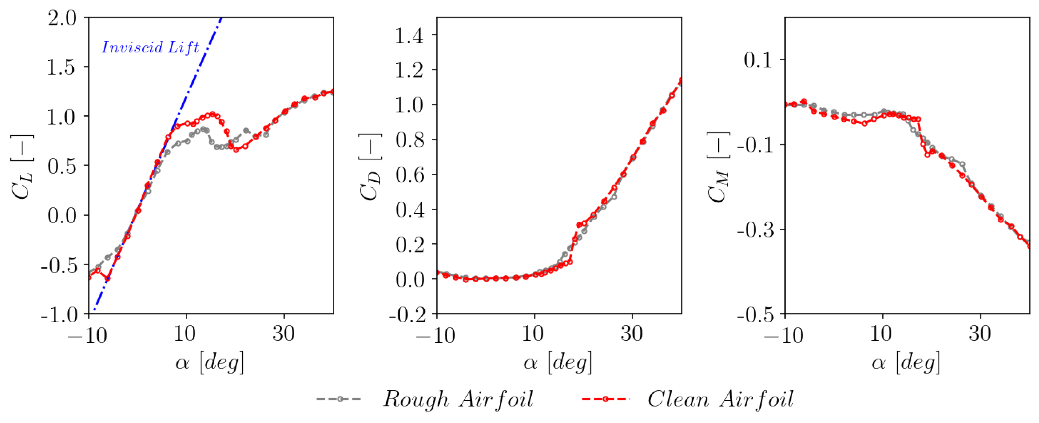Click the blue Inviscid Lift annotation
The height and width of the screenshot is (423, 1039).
(x=150, y=48)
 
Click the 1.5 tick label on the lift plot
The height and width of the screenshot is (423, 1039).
(x=61, y=67)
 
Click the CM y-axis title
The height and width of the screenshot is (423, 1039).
(x=718, y=166)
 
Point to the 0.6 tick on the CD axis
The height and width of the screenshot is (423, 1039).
(x=410, y=175)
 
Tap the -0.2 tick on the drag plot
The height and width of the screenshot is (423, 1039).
(x=407, y=315)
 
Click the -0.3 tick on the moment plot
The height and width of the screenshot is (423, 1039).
(x=755, y=230)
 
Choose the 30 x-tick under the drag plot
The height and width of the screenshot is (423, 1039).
(x=632, y=334)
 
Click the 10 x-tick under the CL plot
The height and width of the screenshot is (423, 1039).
(x=185, y=334)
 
